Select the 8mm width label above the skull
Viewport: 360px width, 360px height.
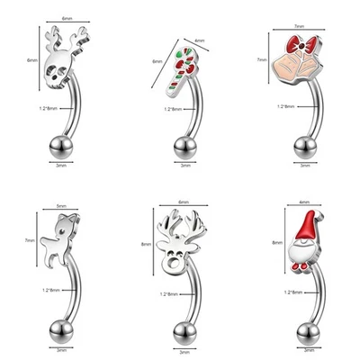coord(67,18)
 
